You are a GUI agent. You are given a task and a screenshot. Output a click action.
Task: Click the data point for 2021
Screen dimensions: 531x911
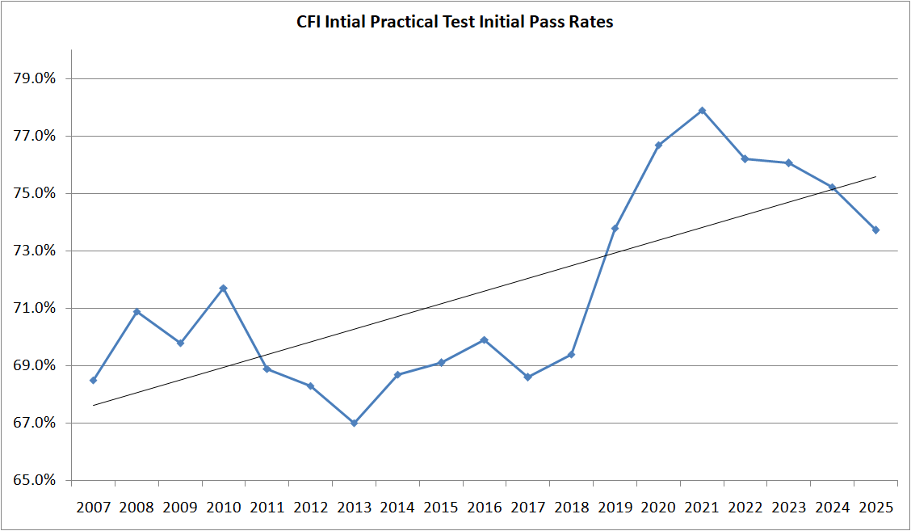(x=702, y=110)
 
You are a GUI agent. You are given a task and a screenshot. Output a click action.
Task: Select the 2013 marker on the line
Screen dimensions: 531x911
(x=354, y=423)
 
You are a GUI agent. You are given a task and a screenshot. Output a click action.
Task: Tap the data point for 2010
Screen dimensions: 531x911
(x=224, y=288)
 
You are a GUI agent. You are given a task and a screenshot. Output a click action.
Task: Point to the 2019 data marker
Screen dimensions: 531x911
(x=615, y=228)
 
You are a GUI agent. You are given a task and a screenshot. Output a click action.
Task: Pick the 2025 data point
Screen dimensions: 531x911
(x=875, y=230)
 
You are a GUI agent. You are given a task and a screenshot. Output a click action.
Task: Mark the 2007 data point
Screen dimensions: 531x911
(x=93, y=380)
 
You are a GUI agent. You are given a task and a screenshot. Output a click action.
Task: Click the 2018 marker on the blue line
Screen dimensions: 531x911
(x=571, y=354)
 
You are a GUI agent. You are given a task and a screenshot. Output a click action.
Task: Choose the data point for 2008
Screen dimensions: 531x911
(x=136, y=311)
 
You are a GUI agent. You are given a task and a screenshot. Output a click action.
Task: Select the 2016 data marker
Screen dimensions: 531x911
(x=485, y=339)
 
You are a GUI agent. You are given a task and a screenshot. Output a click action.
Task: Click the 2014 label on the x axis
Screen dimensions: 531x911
(x=397, y=508)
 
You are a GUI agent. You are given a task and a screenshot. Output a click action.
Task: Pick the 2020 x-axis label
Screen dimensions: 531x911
(x=658, y=508)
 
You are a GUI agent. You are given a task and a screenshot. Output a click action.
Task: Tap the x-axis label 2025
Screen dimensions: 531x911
(x=875, y=508)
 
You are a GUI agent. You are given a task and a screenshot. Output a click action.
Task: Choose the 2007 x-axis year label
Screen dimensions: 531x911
(x=93, y=508)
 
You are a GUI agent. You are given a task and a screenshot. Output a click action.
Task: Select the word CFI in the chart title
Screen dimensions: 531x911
(x=309, y=23)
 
